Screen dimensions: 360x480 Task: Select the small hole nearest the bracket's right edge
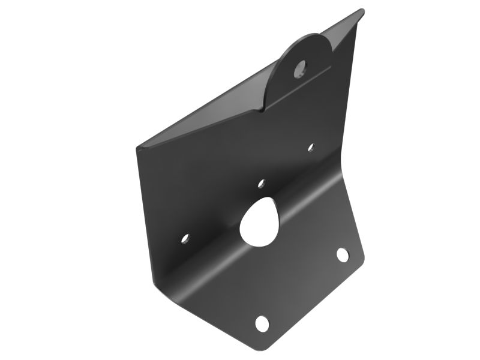(x=311, y=147)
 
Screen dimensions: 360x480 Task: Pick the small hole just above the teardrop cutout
(x=261, y=183)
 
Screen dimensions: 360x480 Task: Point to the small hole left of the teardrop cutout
(x=185, y=239)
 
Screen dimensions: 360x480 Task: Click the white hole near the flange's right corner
(x=342, y=254)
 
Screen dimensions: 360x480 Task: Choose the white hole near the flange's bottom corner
(x=262, y=323)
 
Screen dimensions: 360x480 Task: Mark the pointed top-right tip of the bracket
(x=362, y=10)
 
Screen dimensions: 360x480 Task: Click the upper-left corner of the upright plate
(x=139, y=147)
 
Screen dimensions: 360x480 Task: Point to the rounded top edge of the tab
(x=306, y=35)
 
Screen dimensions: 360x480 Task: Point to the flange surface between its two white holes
(x=303, y=288)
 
